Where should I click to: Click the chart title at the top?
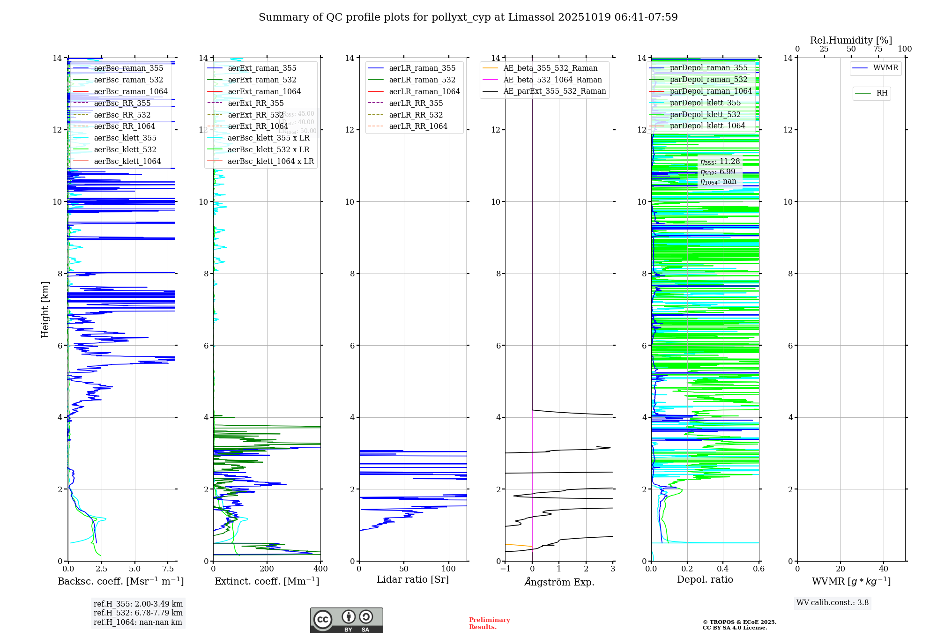coord(468,17)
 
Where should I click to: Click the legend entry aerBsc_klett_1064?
coord(127,161)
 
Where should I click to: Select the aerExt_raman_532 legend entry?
coord(262,80)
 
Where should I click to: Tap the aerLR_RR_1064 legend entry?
coord(418,126)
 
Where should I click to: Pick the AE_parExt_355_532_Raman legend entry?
coord(554,91)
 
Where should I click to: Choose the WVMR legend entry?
coord(885,68)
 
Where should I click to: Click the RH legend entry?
coord(882,93)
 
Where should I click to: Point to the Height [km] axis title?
coord(45,309)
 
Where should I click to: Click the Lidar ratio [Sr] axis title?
coord(412,579)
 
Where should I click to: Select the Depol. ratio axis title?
coord(705,579)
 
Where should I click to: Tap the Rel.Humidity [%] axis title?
coord(851,40)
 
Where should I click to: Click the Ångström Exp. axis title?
coord(559,582)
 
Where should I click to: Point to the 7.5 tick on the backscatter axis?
coord(168,569)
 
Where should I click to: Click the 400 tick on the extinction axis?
coord(320,569)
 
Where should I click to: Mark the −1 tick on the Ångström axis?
coord(505,569)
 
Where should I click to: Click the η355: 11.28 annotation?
coord(720,162)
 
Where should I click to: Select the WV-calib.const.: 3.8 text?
coord(832,603)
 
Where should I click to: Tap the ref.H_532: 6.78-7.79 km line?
coord(138,613)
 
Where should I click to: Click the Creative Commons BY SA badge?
coord(346,620)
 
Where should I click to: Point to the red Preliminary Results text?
coord(489,623)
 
